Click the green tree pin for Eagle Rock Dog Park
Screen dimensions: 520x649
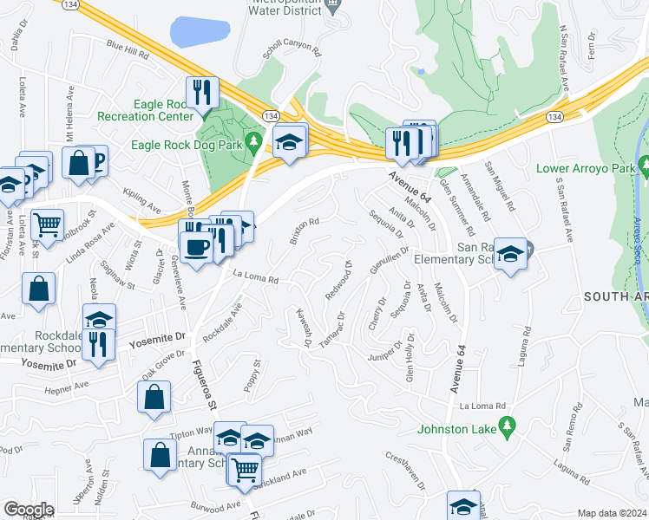(254, 141)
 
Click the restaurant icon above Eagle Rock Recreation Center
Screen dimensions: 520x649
(202, 92)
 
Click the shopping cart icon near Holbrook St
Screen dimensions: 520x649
(48, 224)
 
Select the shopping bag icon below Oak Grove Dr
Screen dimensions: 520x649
(154, 396)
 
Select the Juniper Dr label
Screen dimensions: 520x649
(386, 354)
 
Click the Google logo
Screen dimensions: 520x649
(29, 510)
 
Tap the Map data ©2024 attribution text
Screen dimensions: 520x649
(612, 513)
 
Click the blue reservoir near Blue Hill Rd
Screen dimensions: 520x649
(200, 32)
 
